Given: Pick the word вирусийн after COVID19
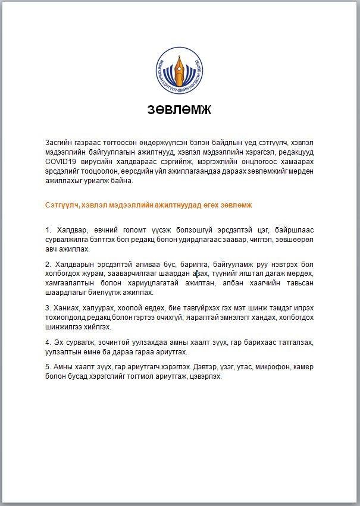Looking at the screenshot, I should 96,161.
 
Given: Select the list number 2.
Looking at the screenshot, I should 48,264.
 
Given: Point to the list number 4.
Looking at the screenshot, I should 48,342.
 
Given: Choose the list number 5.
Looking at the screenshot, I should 48,367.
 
